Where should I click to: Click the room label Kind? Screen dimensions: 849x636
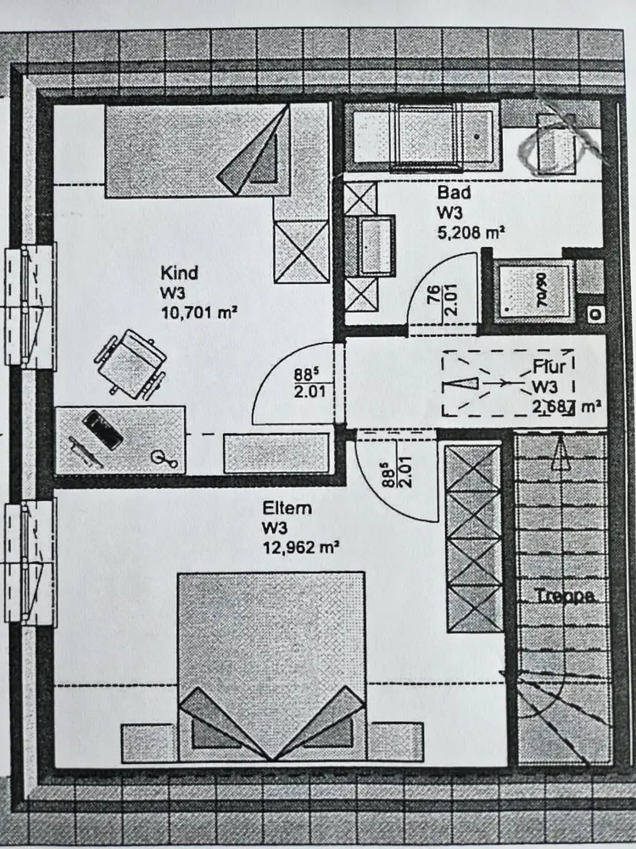pos(180,273)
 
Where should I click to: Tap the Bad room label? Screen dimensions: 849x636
pos(454,193)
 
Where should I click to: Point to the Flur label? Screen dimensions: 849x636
pos(550,368)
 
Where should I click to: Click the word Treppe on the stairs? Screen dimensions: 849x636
pos(564,596)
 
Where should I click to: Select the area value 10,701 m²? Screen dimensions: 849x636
pos(197,312)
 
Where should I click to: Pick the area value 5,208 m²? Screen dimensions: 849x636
pos(471,230)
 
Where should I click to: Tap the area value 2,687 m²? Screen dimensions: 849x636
pos(566,406)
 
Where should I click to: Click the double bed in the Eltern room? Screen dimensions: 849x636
pos(271,662)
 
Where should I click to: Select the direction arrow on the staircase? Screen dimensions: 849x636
pos(559,454)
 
